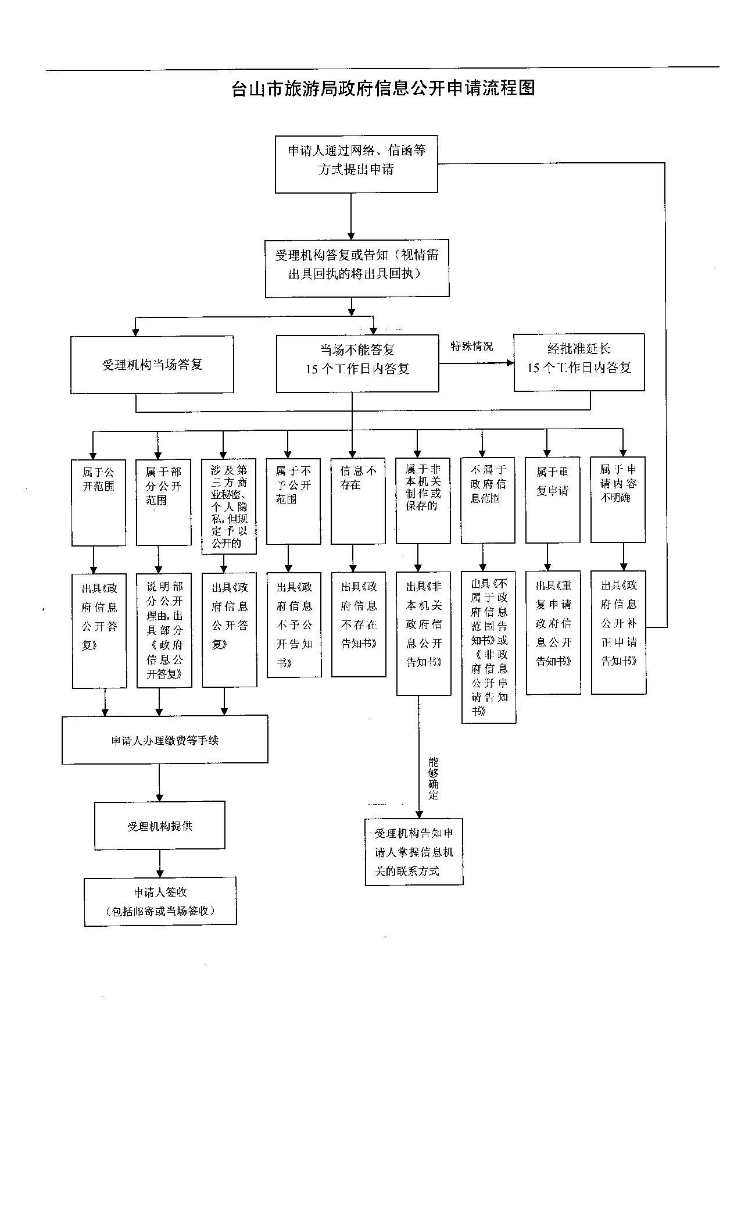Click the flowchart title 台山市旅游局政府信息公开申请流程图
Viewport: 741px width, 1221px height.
(x=383, y=88)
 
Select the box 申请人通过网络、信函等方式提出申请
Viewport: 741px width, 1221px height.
(x=356, y=164)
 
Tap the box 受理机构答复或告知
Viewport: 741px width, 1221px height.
(x=357, y=268)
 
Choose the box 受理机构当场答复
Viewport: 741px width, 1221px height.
(x=152, y=365)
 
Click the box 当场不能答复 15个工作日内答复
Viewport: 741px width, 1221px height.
(x=357, y=363)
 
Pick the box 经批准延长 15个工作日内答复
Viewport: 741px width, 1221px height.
(x=579, y=362)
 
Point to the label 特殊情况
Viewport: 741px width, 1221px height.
(x=471, y=347)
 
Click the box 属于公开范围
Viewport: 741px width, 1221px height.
(x=98, y=502)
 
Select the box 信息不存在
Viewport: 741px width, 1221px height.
(x=358, y=501)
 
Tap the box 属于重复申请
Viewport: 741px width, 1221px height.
(x=552, y=500)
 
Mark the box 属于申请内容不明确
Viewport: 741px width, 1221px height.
(x=618, y=500)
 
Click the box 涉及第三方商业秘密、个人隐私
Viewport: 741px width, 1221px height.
(x=229, y=506)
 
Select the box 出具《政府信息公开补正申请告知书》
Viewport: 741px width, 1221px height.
(x=618, y=632)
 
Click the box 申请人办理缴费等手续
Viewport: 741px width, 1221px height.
(x=165, y=739)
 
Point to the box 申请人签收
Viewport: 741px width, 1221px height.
(x=160, y=901)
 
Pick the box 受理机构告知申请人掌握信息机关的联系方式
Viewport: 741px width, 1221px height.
(x=414, y=852)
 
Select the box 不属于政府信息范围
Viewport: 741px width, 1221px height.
(x=488, y=500)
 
